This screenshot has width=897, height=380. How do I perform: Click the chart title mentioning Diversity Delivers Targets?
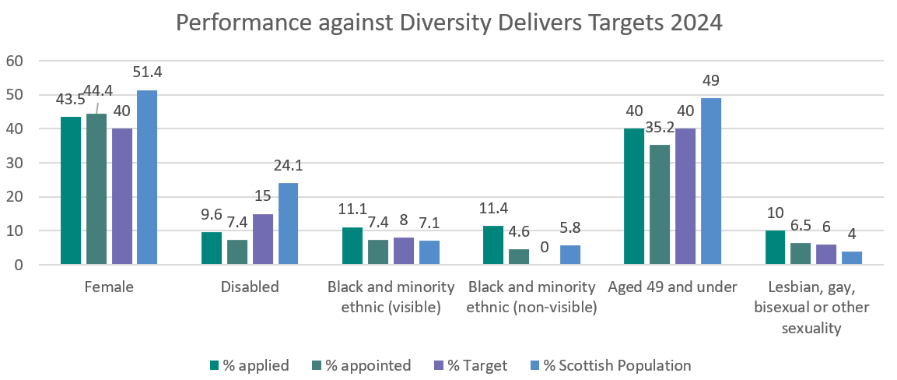(x=449, y=22)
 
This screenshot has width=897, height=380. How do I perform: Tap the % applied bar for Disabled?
(x=212, y=248)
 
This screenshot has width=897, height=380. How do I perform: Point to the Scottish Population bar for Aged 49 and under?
(x=711, y=181)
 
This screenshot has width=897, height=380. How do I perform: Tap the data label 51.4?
(x=147, y=73)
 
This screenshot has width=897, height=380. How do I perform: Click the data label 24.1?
(x=288, y=166)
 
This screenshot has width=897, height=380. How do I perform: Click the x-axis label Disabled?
(x=250, y=287)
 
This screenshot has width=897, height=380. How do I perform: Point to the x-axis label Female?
(x=109, y=287)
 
